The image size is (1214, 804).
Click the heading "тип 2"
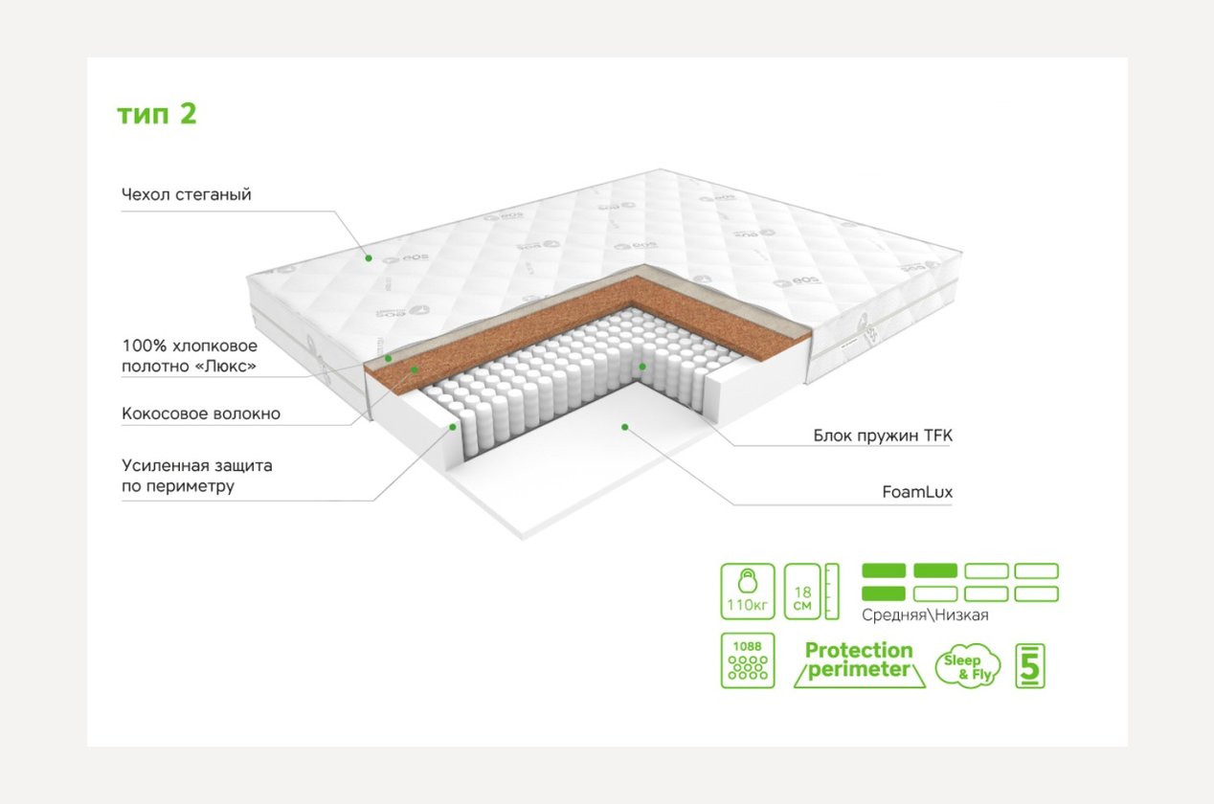click(157, 114)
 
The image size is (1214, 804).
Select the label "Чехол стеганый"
click(187, 195)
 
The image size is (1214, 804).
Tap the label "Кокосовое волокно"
click(201, 414)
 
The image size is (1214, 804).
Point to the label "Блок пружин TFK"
click(882, 435)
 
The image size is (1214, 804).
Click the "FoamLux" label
click(917, 493)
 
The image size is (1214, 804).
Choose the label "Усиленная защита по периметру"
click(197, 476)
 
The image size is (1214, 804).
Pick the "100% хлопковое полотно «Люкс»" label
click(190, 355)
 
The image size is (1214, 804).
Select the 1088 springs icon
click(746, 660)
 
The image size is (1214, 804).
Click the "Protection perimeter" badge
click(858, 660)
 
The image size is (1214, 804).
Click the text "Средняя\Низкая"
click(925, 615)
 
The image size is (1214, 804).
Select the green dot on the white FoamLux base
click(623, 427)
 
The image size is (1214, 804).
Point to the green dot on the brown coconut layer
click(414, 368)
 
